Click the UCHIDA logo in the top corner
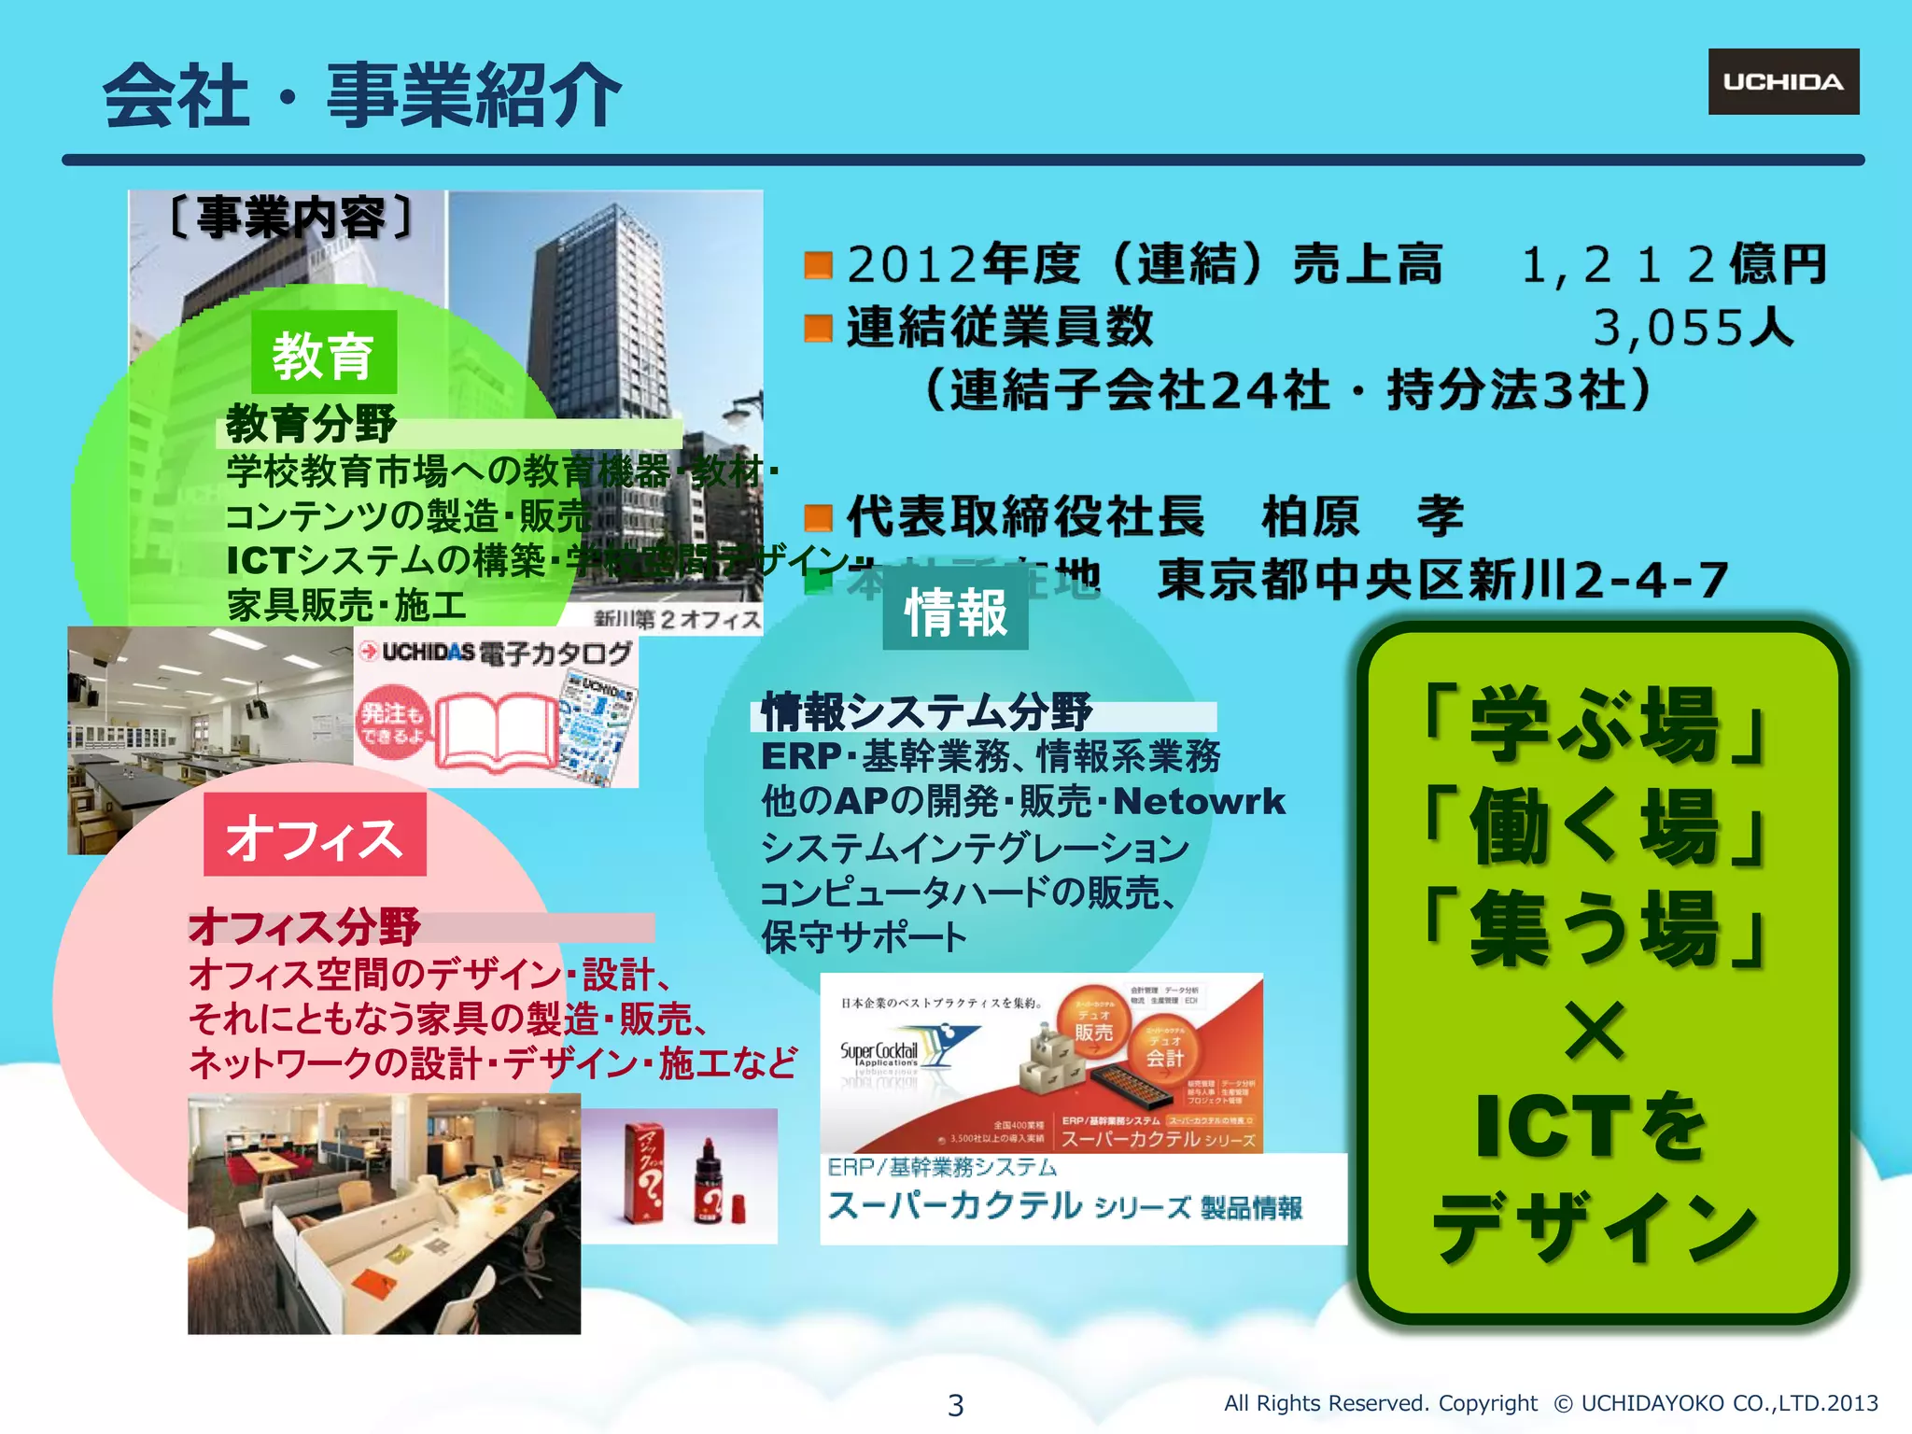click(1783, 82)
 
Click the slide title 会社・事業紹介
click(362, 95)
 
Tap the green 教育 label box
click(324, 354)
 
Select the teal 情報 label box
click(955, 612)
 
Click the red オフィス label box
click(315, 836)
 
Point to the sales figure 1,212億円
click(1673, 264)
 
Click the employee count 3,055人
click(1693, 328)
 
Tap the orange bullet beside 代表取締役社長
click(818, 517)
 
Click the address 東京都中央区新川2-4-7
click(1442, 580)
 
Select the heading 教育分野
click(311, 425)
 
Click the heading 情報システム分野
click(926, 713)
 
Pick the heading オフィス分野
click(304, 927)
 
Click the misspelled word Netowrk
click(1199, 802)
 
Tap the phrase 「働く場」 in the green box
click(1595, 826)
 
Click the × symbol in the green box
click(1595, 1030)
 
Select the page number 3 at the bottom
click(955, 1404)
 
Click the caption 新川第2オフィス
click(677, 619)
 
